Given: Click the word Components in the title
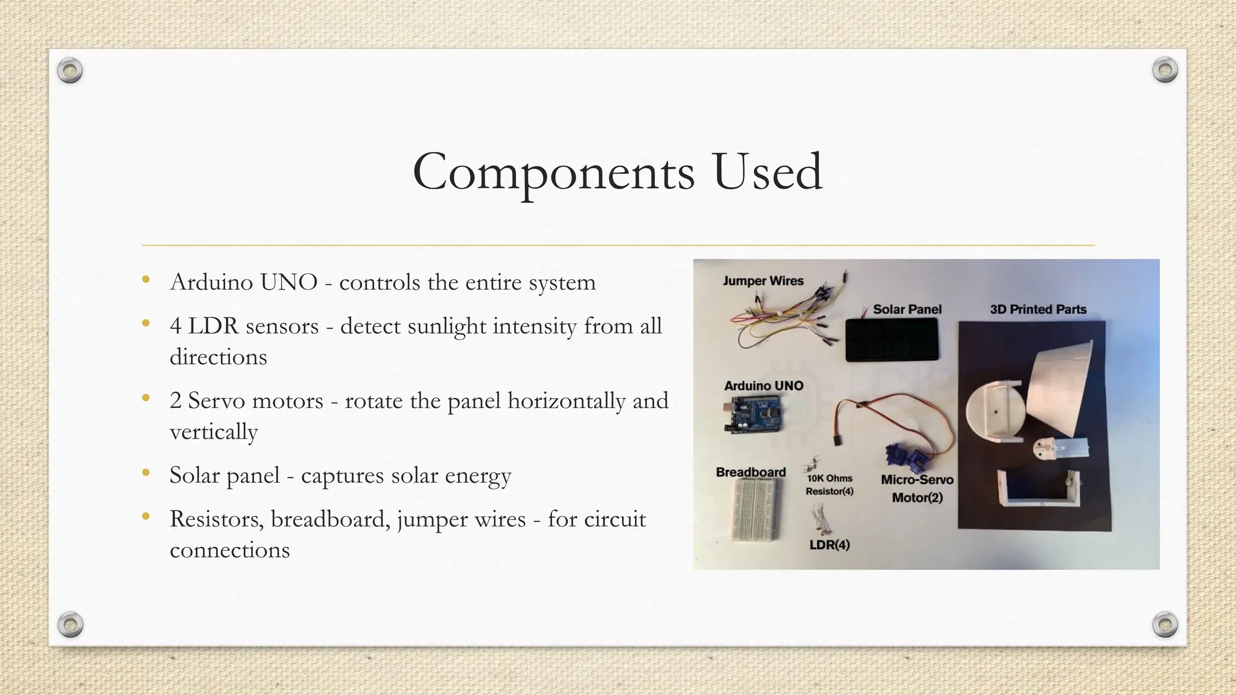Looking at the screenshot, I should point(553,173).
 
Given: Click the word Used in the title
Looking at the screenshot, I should point(767,173).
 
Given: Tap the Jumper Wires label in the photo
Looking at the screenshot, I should point(763,281).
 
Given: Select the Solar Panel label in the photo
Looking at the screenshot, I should point(906,309).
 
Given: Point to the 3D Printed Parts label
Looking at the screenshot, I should point(1037,309).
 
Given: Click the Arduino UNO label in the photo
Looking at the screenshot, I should point(763,386).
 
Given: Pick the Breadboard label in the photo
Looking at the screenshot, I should point(750,472).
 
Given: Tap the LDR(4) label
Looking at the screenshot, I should point(829,545).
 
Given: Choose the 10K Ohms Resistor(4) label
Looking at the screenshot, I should point(829,484).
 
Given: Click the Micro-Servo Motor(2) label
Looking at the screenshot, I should point(917,488).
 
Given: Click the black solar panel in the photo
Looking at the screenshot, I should point(892,340).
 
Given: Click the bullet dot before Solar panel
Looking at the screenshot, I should point(145,474).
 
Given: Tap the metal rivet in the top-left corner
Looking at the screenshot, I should point(69,71).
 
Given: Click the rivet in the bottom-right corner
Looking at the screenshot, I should point(1165,624).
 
